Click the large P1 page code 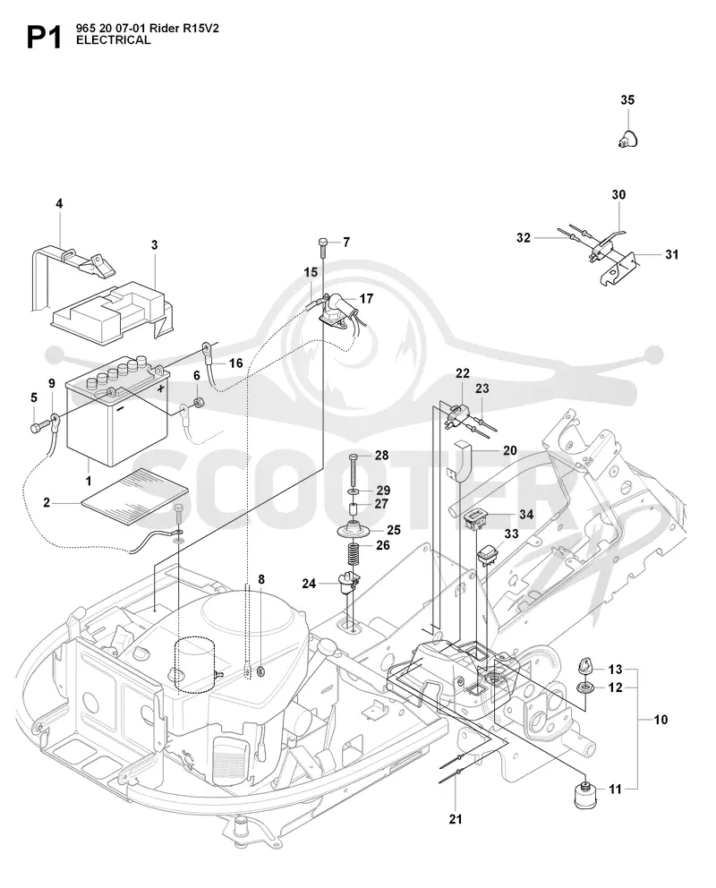click(x=44, y=37)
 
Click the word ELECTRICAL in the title click(x=113, y=40)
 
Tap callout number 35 click(x=627, y=99)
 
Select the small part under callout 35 click(x=628, y=139)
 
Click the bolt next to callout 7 click(x=322, y=247)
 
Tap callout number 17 click(x=366, y=298)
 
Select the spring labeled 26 click(x=354, y=553)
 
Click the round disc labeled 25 click(x=354, y=530)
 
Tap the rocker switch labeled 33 click(x=486, y=556)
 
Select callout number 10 click(x=661, y=720)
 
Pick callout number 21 click(x=456, y=819)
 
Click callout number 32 click(x=523, y=238)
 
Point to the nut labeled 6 click(x=199, y=404)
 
